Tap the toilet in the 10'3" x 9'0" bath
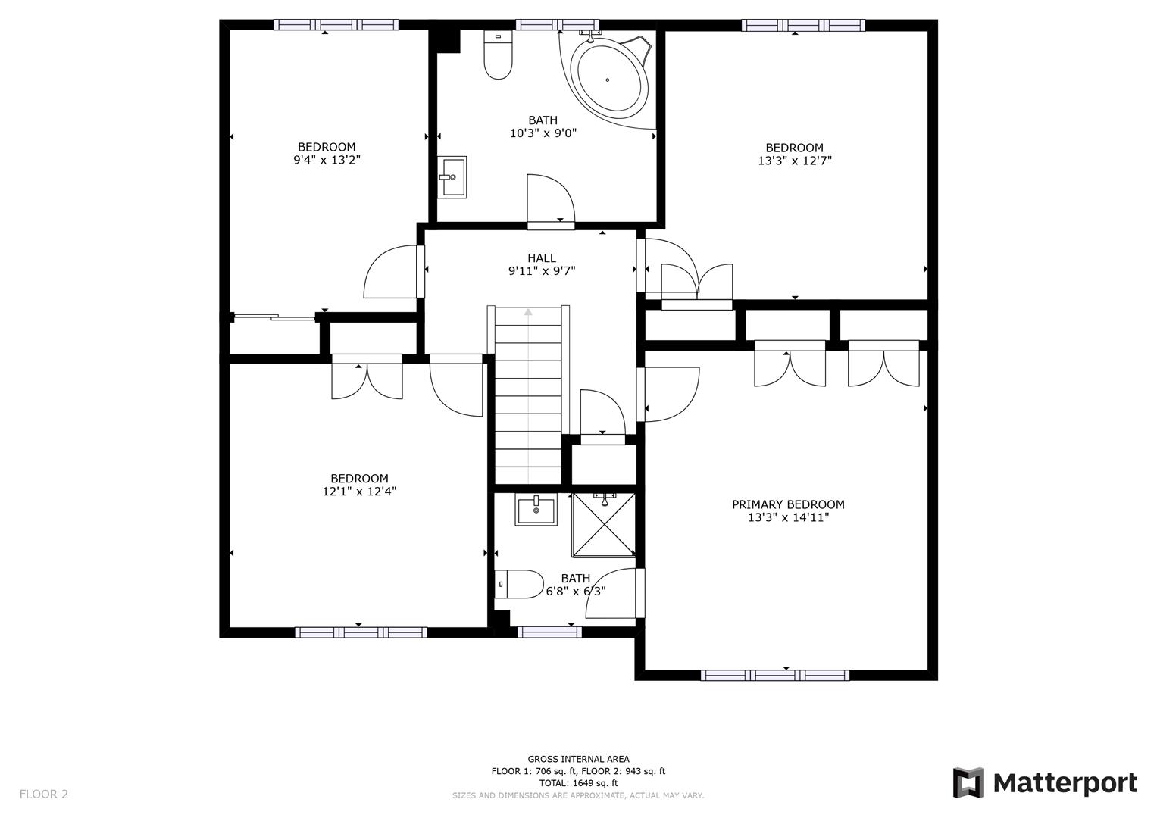(x=498, y=58)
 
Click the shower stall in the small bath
(x=603, y=525)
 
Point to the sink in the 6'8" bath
(x=536, y=510)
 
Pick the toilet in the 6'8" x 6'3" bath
(x=519, y=585)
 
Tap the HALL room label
(x=542, y=258)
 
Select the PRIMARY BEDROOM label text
(x=788, y=504)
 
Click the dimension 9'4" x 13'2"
(x=327, y=160)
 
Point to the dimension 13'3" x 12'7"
(x=794, y=161)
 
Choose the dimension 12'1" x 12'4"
(x=359, y=491)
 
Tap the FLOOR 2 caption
(x=44, y=794)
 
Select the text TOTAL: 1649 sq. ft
(x=578, y=783)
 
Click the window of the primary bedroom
(x=774, y=675)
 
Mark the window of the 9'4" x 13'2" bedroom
(x=336, y=24)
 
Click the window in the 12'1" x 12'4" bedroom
(x=361, y=632)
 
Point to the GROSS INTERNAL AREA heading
(x=578, y=759)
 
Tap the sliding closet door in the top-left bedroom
(x=274, y=317)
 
